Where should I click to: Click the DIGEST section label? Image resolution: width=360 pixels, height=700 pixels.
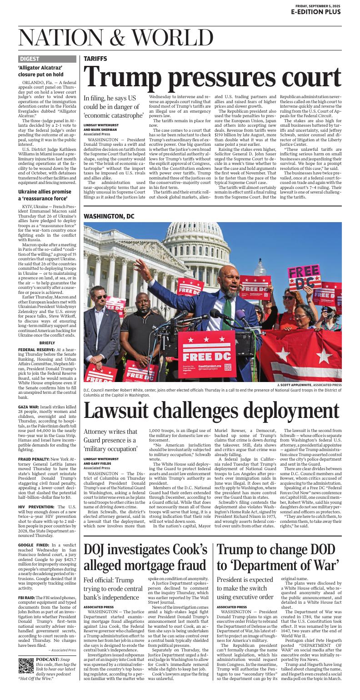[x=30, y=59]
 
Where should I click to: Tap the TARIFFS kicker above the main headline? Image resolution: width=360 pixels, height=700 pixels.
[x=95, y=59]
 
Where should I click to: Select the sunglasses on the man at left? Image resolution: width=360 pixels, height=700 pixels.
[x=100, y=297]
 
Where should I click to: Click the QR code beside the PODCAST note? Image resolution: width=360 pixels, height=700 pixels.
[x=26, y=665]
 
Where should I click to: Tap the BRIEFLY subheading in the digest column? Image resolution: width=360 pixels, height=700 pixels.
[x=47, y=343]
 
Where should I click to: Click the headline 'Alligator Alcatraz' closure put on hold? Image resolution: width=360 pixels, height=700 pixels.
[x=41, y=71]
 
